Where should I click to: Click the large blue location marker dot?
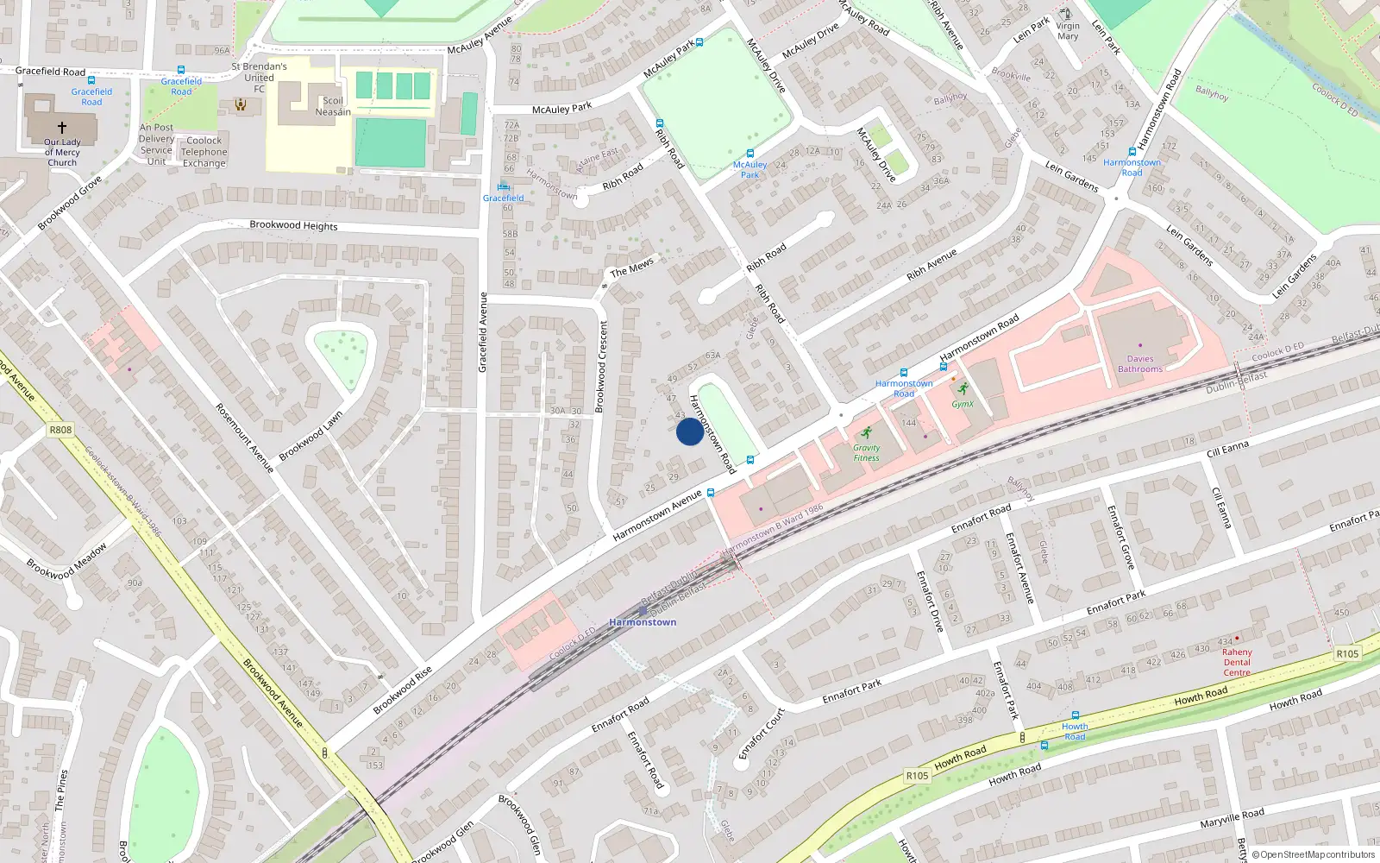pyautogui.click(x=689, y=431)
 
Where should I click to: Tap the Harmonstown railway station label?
pyautogui.click(x=643, y=621)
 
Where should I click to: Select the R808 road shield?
pyautogui.click(x=60, y=430)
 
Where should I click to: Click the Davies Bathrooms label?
pyautogui.click(x=1140, y=364)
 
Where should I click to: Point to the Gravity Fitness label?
pyautogui.click(x=867, y=452)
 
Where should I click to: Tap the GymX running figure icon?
pyautogui.click(x=963, y=389)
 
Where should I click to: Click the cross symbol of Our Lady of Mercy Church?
pyautogui.click(x=62, y=127)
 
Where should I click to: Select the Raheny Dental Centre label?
pyautogui.click(x=1237, y=662)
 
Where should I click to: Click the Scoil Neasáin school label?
pyautogui.click(x=333, y=106)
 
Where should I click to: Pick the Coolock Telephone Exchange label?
pyautogui.click(x=204, y=151)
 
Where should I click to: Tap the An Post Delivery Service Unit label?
pyautogui.click(x=156, y=144)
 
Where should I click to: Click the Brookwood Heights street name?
pyautogui.click(x=293, y=225)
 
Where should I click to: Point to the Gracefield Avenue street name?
pyautogui.click(x=483, y=332)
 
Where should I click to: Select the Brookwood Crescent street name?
pyautogui.click(x=602, y=365)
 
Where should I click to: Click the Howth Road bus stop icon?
pyautogui.click(x=1075, y=715)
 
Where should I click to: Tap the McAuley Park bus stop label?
pyautogui.click(x=750, y=169)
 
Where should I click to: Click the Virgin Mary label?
pyautogui.click(x=1068, y=31)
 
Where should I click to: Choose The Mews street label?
pyautogui.click(x=632, y=268)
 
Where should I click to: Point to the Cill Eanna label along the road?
pyautogui.click(x=1227, y=449)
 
